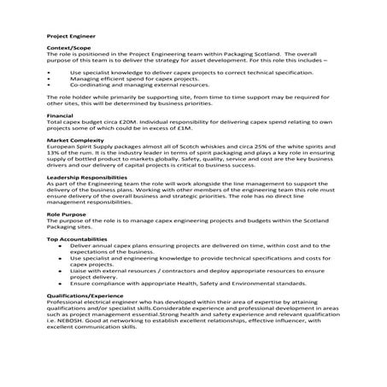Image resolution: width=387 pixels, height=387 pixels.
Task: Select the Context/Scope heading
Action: point(67,50)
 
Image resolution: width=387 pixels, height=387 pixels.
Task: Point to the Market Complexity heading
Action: point(73,138)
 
